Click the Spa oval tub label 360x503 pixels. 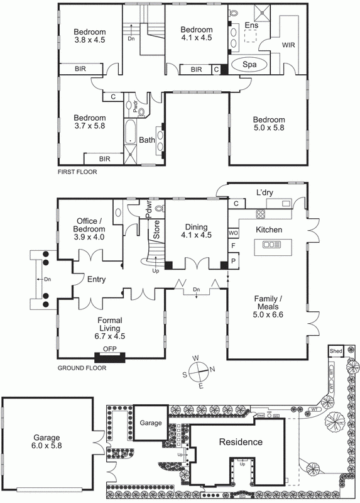point(249,65)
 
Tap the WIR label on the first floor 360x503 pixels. point(288,45)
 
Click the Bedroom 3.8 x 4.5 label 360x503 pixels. point(89,37)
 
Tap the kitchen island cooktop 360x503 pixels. point(273,244)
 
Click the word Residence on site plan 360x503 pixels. point(240,442)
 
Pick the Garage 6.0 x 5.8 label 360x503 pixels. point(46,442)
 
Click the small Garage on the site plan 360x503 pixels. point(150,423)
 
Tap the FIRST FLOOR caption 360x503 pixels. point(77,172)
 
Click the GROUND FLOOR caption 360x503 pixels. point(82,368)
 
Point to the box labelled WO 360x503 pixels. point(232,231)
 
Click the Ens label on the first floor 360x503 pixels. point(251,25)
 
